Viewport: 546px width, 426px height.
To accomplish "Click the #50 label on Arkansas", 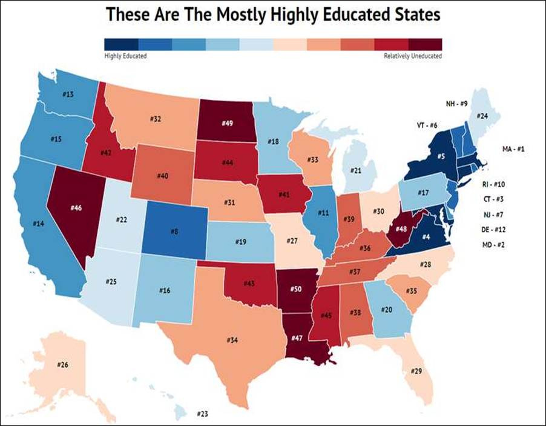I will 296,289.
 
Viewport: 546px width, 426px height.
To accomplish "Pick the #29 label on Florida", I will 416,370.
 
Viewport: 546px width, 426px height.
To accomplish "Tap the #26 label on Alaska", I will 63,365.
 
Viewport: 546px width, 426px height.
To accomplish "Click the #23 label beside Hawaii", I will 202,414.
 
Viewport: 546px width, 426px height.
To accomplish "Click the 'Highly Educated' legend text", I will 125,56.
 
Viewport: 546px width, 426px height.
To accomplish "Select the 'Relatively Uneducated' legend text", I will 413,56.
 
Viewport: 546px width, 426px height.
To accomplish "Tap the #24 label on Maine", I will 482,116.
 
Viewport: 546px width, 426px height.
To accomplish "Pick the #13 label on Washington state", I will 68,95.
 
